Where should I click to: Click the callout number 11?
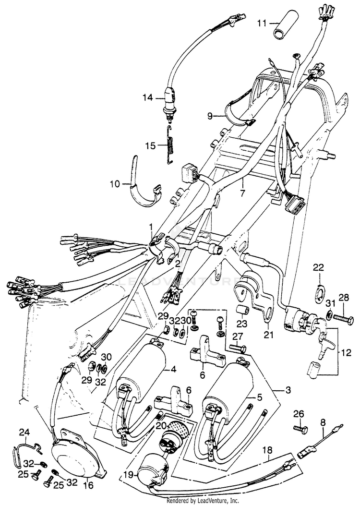coord(262,23)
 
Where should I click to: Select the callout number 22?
coord(319,267)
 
